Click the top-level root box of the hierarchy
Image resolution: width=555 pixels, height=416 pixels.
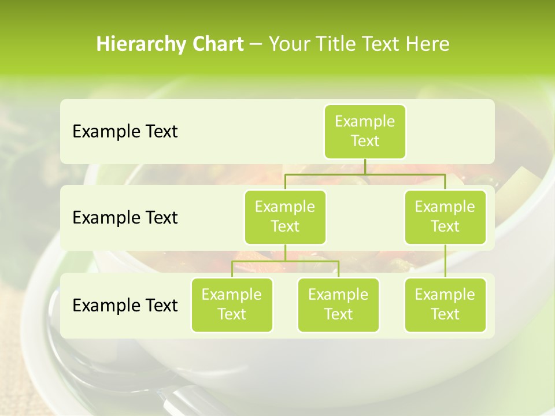click(x=365, y=131)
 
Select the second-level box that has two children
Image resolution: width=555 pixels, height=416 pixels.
click(x=285, y=217)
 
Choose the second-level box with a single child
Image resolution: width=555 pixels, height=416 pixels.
click(x=445, y=217)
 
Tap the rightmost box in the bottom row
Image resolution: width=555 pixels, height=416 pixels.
click(x=445, y=304)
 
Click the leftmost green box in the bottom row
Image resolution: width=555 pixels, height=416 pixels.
click(x=232, y=304)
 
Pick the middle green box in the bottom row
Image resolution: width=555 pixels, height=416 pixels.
click(x=338, y=304)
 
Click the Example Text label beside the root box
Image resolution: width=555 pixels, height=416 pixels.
click(x=125, y=132)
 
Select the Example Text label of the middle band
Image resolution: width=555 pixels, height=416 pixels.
click(x=125, y=218)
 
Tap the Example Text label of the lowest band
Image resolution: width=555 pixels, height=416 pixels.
click(x=125, y=305)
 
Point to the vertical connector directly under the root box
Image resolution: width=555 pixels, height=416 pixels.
click(x=365, y=166)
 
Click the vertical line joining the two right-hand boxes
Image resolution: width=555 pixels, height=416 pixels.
click(x=445, y=261)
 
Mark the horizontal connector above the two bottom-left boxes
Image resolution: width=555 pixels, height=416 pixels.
click(x=285, y=261)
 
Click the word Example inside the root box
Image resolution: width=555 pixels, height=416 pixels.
click(x=365, y=121)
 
